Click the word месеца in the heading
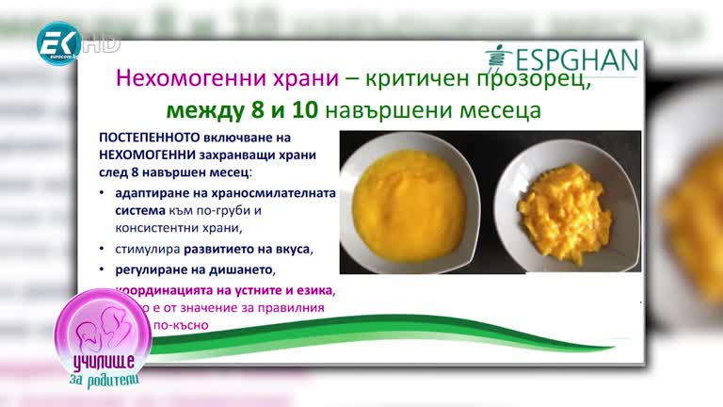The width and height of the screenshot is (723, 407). pyautogui.click(x=497, y=110)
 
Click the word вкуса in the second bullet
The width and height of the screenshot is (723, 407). pyautogui.click(x=288, y=250)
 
